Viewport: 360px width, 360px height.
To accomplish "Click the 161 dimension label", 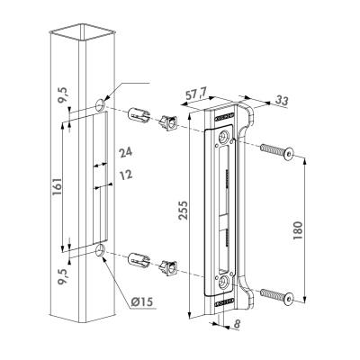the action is (x=57, y=186).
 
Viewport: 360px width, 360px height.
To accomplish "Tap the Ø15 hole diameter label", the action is (x=142, y=301).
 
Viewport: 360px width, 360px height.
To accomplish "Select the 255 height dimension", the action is (x=183, y=210).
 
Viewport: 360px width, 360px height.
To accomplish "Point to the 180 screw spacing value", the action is (x=298, y=230).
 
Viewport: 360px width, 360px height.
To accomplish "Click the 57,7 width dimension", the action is (x=197, y=95).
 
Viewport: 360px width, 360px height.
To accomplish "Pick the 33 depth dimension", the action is (x=282, y=101).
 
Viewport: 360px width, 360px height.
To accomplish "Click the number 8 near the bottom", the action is (x=237, y=324).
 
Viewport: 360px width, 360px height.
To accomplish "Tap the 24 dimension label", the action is (x=126, y=153).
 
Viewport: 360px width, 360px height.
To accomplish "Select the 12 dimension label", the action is (x=126, y=175).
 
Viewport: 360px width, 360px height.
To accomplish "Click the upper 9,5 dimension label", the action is (x=64, y=95).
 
